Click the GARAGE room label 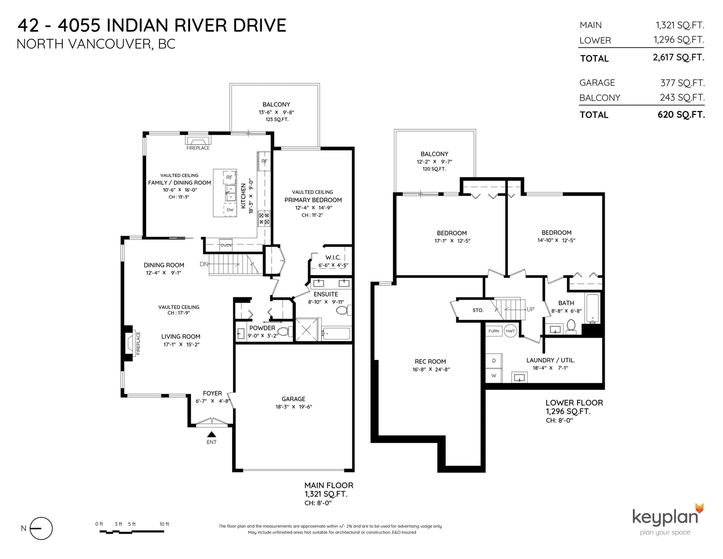pos(293,399)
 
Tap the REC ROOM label pos(430,362)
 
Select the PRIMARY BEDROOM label pos(313,200)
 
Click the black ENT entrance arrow pos(211,434)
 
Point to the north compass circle pos(41,528)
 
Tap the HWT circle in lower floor pos(510,331)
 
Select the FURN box pos(494,331)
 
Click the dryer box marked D pos(494,361)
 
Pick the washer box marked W pos(494,376)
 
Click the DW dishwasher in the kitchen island pos(230,210)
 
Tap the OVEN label pos(226,245)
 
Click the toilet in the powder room pos(284,331)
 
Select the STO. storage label pos(478,310)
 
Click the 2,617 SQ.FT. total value pos(678,57)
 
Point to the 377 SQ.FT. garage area pos(682,83)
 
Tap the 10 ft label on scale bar pos(164,524)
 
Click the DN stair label pos(204,264)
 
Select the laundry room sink pos(519,378)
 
